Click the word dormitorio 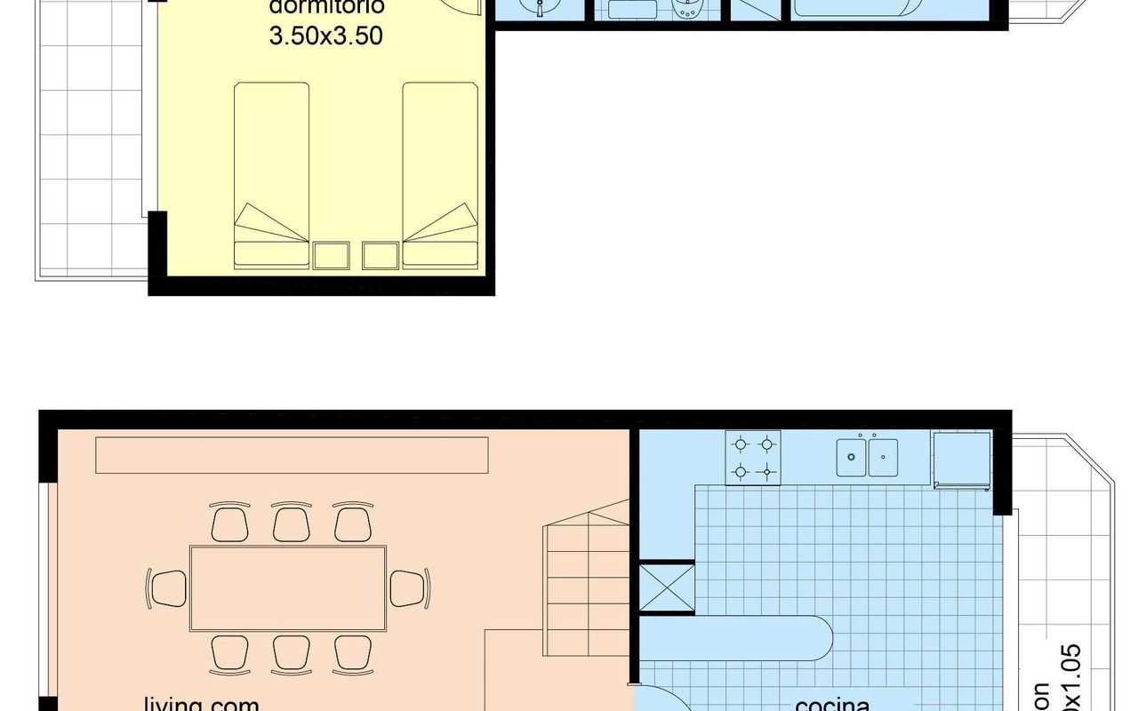[326, 7]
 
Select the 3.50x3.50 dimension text [326, 37]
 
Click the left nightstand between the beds [331, 255]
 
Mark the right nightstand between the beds [380, 255]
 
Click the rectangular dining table [288, 588]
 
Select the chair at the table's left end [167, 588]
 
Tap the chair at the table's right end [409, 588]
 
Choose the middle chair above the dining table [291, 523]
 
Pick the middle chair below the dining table [291, 654]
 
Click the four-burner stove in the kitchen [753, 458]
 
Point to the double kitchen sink [867, 458]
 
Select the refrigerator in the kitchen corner [961, 459]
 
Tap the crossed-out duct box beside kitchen [667, 587]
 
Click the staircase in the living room [587, 569]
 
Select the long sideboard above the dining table [292, 455]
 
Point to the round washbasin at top [539, 9]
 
